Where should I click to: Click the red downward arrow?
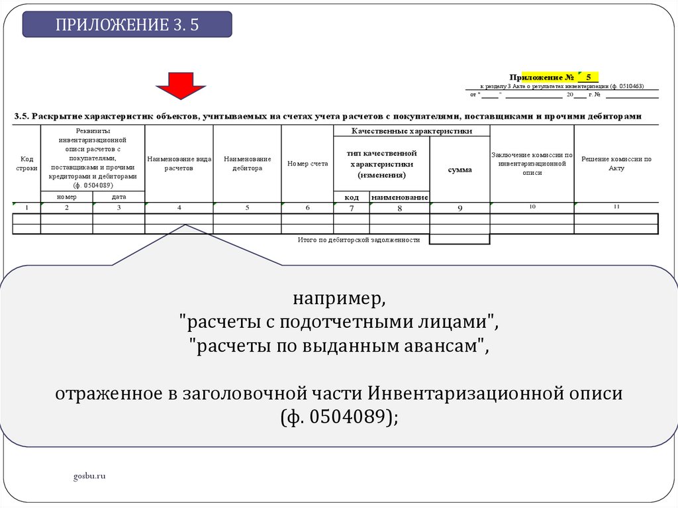tap(181, 85)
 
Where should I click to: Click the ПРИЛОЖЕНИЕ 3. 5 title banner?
tap(127, 25)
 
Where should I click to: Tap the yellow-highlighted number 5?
tap(588, 77)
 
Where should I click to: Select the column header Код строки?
tap(26, 164)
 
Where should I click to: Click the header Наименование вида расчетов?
tap(179, 164)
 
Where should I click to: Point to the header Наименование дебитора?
tap(247, 164)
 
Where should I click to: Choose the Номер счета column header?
tap(307, 164)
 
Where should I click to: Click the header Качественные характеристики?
tap(411, 131)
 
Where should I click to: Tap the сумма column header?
tap(460, 170)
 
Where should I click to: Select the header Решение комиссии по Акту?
tap(616, 164)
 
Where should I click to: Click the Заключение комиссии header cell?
tap(532, 164)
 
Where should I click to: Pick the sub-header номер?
tap(67, 197)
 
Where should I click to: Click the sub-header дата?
tap(119, 197)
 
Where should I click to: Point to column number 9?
tap(460, 208)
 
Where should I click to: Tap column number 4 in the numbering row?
tap(179, 208)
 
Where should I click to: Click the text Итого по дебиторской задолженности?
tap(359, 240)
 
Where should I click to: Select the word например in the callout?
tap(339, 299)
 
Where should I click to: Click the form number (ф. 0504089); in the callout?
tap(339, 417)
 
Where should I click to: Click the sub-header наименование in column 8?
tap(399, 197)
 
